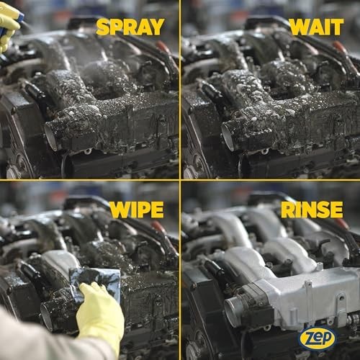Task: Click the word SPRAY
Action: tap(130, 27)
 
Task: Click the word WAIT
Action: tap(317, 27)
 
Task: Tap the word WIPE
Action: tap(137, 210)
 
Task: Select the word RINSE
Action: tap(312, 210)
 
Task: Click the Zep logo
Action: tap(318, 338)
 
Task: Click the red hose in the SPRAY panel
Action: tap(163, 48)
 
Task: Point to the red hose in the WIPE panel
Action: tap(159, 228)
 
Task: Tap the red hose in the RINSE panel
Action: tap(341, 223)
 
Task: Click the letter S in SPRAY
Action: tap(103, 27)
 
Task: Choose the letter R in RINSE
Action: tap(288, 210)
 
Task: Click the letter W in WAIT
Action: tap(300, 27)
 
